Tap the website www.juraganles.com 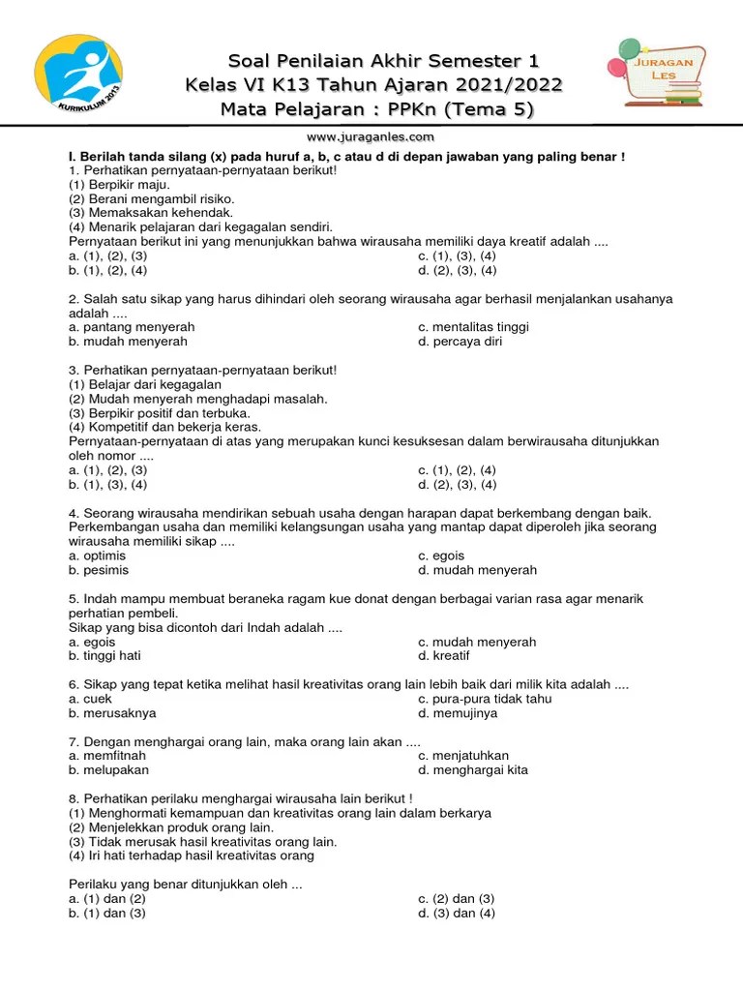[x=371, y=137]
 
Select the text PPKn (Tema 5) [x=474, y=109]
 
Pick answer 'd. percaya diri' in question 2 [x=460, y=341]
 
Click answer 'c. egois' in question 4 [x=441, y=556]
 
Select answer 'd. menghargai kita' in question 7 [x=473, y=770]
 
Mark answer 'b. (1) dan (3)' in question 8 [x=106, y=913]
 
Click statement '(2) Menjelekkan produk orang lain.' [x=171, y=827]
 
